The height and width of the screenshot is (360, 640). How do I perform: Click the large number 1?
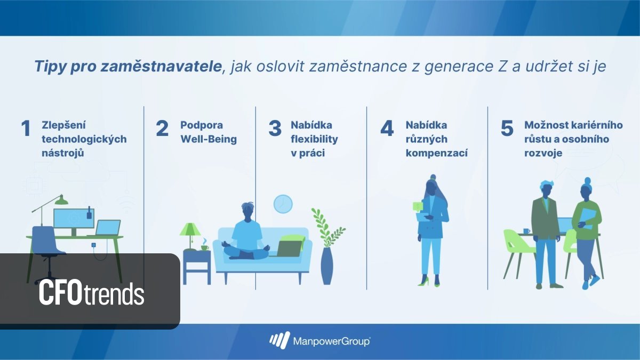(x=26, y=129)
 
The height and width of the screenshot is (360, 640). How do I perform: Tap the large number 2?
(x=162, y=129)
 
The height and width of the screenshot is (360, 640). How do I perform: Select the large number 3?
(x=275, y=129)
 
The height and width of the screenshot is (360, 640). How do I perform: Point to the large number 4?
(x=387, y=129)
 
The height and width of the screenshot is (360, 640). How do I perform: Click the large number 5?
(x=507, y=129)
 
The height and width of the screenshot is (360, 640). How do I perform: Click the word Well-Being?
(x=208, y=140)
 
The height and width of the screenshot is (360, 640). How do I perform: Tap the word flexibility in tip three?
(x=314, y=140)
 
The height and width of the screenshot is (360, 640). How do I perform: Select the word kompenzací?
(x=436, y=154)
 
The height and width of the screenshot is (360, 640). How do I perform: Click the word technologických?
(x=84, y=140)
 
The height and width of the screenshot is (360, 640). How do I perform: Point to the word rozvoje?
(x=543, y=154)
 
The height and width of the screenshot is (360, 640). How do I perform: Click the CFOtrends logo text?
(x=91, y=294)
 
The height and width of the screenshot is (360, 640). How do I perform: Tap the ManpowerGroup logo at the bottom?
(x=320, y=340)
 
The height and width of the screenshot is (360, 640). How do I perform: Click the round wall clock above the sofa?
(x=283, y=203)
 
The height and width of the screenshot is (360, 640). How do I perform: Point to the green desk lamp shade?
(x=61, y=201)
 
